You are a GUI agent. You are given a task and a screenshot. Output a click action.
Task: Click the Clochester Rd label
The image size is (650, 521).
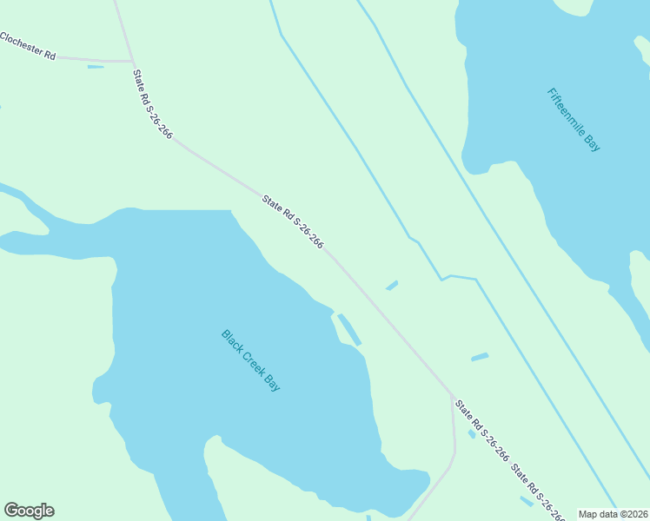[x=28, y=47]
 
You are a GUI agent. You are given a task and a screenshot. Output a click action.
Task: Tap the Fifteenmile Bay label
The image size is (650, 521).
[x=574, y=120]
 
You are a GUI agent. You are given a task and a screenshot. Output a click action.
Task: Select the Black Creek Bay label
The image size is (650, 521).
[x=250, y=360]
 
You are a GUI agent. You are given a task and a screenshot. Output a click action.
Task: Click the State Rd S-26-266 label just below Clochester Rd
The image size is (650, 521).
[x=152, y=103]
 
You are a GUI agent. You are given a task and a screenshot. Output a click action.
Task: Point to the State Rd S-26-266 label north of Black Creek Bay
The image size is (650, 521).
[x=293, y=222]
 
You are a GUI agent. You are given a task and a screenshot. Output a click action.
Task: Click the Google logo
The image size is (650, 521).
[x=29, y=511]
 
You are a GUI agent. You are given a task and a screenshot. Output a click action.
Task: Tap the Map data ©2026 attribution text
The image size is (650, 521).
[x=613, y=514]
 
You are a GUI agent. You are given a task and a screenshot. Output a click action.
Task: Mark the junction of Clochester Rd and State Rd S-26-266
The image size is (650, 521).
[x=132, y=62]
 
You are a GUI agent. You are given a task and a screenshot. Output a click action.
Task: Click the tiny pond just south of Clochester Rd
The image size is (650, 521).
[x=96, y=67]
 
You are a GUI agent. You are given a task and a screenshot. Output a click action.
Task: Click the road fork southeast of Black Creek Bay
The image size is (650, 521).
[x=451, y=395]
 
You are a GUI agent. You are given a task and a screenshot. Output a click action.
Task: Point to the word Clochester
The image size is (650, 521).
[x=22, y=44]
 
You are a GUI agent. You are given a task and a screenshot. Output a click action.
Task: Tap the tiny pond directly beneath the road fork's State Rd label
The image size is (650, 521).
[x=472, y=433]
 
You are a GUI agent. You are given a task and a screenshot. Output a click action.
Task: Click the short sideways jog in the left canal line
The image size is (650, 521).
[x=446, y=278]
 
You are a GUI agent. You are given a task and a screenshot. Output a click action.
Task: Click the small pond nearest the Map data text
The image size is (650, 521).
[x=527, y=501]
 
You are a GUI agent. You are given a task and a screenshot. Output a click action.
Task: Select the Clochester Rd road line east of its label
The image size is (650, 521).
[x=96, y=60]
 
